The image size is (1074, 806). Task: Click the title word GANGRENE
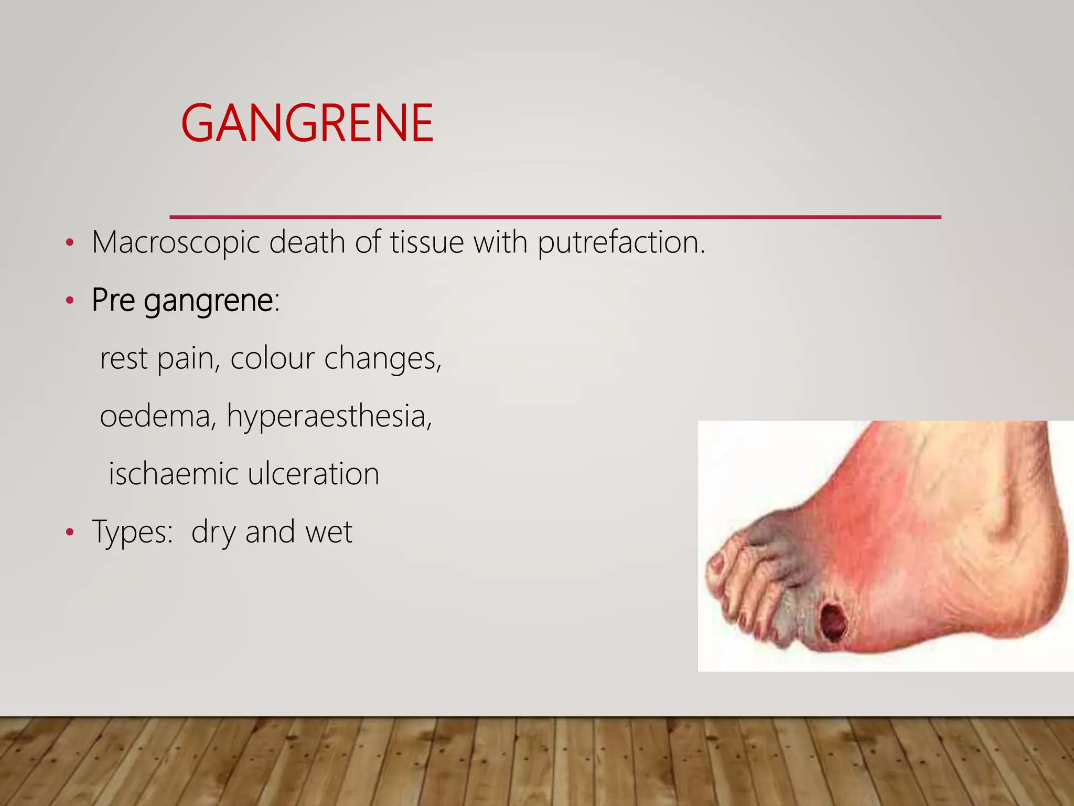tap(307, 123)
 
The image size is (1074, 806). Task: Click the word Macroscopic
tap(176, 243)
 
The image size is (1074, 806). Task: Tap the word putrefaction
tap(621, 243)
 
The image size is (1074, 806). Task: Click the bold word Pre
tap(113, 301)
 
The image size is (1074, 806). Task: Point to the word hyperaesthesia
tap(329, 416)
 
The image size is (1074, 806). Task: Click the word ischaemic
tap(173, 474)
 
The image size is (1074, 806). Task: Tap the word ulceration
tap(313, 474)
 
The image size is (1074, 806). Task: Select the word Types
tap(132, 532)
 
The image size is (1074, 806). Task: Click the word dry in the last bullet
tap(213, 532)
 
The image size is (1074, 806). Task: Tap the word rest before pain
tap(123, 359)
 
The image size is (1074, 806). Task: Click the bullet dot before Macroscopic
tap(70, 243)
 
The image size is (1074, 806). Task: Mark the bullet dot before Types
tap(70, 533)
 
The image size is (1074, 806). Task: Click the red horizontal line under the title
tap(555, 217)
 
